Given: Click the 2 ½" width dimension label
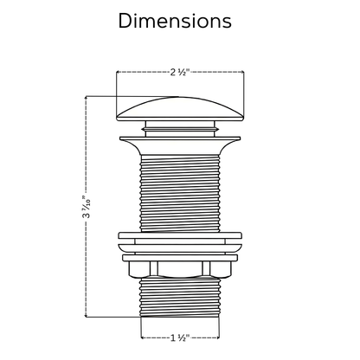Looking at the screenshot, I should (x=179, y=71).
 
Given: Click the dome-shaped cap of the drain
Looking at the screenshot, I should (x=179, y=108).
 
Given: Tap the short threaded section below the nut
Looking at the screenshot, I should (x=179, y=299).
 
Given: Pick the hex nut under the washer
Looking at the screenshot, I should (x=179, y=268).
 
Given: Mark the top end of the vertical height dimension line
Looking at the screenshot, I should (x=85, y=96).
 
